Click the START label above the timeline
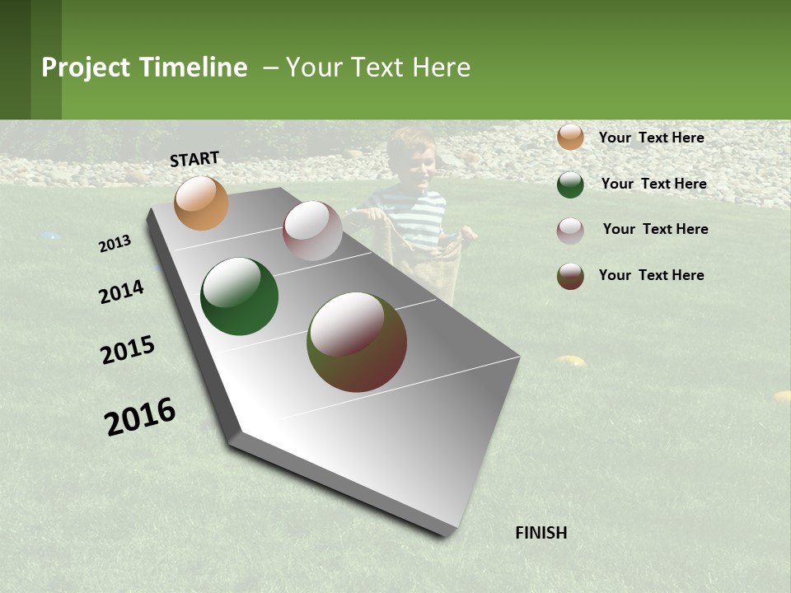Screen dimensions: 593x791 pyautogui.click(x=194, y=158)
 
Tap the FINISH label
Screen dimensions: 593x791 pyautogui.click(x=541, y=533)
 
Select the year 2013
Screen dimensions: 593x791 pyautogui.click(x=115, y=243)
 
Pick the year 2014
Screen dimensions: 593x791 pyautogui.click(x=121, y=292)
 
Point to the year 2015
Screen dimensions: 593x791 pyautogui.click(x=128, y=350)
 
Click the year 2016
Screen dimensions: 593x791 pyautogui.click(x=140, y=416)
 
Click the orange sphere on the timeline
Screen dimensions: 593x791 pyautogui.click(x=201, y=203)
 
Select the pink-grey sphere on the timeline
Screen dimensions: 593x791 pyautogui.click(x=312, y=231)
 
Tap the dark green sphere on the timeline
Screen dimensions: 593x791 pyautogui.click(x=239, y=296)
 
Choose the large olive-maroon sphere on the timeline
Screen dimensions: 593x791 pyautogui.click(x=357, y=342)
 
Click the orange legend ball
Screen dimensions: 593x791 pyautogui.click(x=570, y=138)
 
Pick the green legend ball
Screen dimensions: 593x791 pyautogui.click(x=570, y=184)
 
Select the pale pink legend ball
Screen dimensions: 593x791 pyautogui.click(x=570, y=230)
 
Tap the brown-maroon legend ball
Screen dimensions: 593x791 pyautogui.click(x=570, y=276)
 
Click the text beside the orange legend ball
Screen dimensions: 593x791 pyautogui.click(x=651, y=138)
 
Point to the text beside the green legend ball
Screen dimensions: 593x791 pyautogui.click(x=653, y=184)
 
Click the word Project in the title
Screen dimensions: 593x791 pyautogui.click(x=86, y=68)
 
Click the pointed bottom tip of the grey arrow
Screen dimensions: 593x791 pyautogui.click(x=445, y=534)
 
